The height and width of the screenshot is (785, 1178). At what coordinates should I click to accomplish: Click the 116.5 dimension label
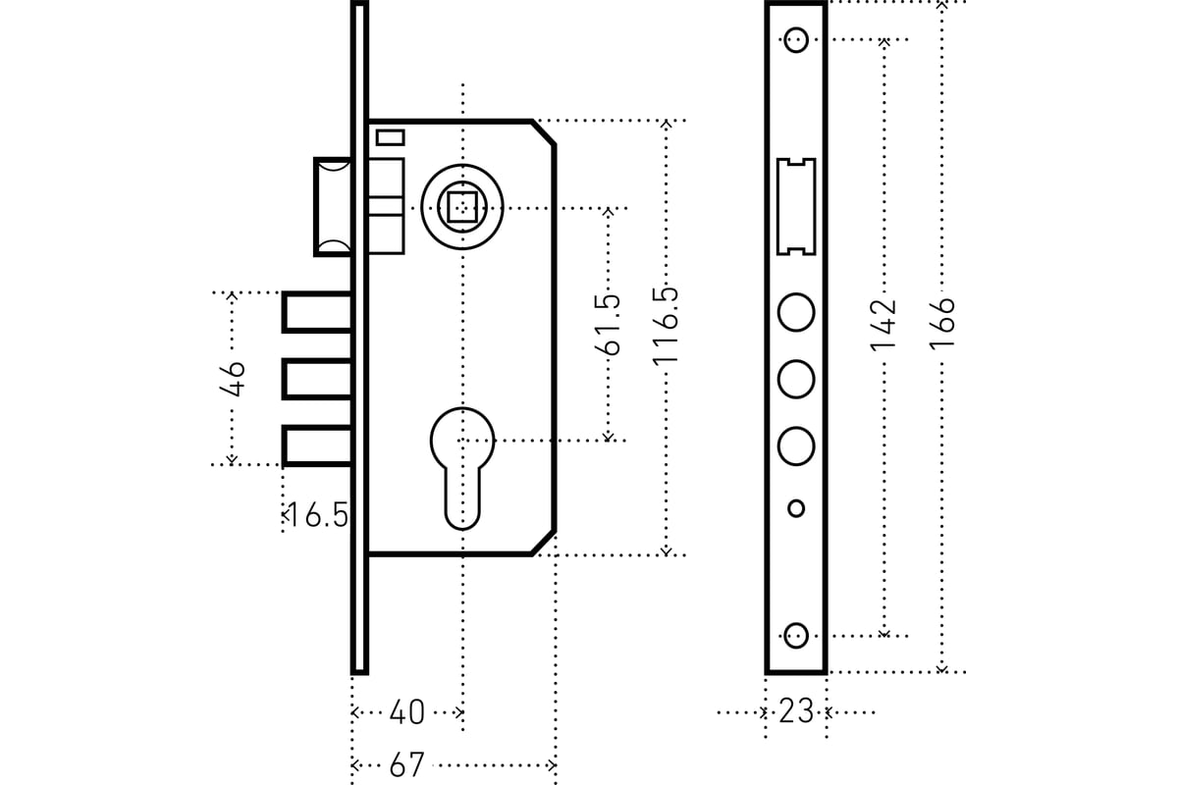666,326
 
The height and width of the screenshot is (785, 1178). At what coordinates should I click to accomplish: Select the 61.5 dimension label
608,325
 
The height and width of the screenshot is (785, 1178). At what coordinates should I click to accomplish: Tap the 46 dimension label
233,379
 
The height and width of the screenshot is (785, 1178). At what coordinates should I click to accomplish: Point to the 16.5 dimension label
318,515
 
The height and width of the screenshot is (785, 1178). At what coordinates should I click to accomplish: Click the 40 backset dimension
407,712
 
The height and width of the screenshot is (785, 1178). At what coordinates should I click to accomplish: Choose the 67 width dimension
406,765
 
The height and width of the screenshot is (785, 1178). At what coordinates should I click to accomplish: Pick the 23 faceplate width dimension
796,710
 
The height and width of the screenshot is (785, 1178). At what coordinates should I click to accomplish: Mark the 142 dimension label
883,325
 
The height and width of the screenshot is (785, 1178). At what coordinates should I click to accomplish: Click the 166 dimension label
941,322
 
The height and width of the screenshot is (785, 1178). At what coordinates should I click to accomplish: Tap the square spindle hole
461,208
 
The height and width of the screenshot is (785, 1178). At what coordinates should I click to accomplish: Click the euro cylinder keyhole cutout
462,468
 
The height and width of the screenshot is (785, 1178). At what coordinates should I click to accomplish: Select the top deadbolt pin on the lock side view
316,312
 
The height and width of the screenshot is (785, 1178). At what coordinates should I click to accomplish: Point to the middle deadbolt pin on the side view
316,379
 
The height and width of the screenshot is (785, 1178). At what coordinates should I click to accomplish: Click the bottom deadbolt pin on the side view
316,445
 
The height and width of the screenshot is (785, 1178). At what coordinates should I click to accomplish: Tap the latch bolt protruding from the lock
333,207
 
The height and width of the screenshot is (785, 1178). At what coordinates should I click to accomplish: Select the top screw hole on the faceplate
796,39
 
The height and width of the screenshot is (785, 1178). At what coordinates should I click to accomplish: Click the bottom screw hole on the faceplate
796,636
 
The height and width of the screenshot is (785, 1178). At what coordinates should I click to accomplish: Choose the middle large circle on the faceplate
796,379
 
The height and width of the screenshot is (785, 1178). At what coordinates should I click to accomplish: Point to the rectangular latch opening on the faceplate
796,207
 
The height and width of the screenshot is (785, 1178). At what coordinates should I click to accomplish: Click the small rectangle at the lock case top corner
391,137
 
